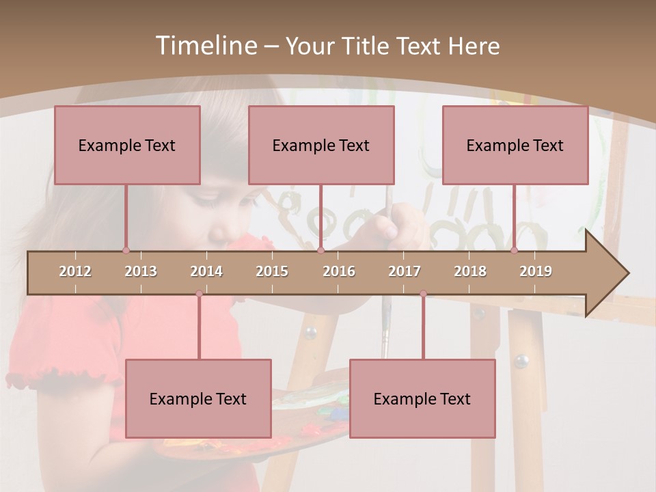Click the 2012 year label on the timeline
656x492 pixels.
(75, 271)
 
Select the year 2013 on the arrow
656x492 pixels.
(141, 271)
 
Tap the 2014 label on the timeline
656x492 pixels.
(206, 271)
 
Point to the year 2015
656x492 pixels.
(272, 271)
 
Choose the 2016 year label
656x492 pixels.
(339, 271)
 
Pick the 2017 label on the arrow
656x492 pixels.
(405, 271)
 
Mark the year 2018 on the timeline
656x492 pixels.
(470, 271)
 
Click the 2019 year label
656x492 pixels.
(536, 271)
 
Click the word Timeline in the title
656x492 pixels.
(205, 46)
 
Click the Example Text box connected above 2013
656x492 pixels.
(127, 145)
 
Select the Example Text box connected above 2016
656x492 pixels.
(321, 145)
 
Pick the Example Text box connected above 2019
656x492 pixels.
(515, 145)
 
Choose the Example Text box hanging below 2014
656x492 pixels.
(198, 398)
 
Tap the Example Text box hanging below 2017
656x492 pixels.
(422, 398)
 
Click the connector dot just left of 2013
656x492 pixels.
(126, 250)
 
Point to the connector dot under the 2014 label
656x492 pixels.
(199, 293)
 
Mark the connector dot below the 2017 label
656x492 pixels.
(423, 293)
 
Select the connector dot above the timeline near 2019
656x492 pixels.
(515, 250)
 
